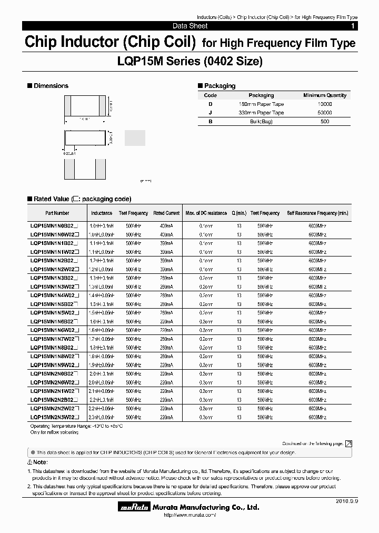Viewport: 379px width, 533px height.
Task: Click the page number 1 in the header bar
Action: pyautogui.click(x=352, y=26)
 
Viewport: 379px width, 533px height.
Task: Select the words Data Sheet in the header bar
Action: pyautogui.click(x=190, y=26)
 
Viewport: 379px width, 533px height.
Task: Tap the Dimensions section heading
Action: pyautogui.click(x=51, y=86)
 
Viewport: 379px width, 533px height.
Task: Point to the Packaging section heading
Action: pyautogui.click(x=220, y=86)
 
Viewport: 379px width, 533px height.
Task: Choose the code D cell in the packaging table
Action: pyautogui.click(x=210, y=104)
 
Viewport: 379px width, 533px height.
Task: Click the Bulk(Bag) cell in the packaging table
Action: pyautogui.click(x=261, y=122)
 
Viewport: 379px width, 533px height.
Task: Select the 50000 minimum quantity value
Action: pyautogui.click(x=325, y=113)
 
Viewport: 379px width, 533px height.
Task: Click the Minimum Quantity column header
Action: pyautogui.click(x=325, y=95)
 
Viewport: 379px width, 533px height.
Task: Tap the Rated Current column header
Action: pyautogui.click(x=166, y=213)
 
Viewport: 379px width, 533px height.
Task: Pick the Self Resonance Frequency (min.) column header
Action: pyautogui.click(x=317, y=213)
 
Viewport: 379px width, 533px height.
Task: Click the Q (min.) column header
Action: pyautogui.click(x=239, y=213)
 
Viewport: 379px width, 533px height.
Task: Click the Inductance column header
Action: pyautogui.click(x=102, y=213)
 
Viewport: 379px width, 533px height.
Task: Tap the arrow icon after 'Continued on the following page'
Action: pyautogui.click(x=348, y=444)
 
